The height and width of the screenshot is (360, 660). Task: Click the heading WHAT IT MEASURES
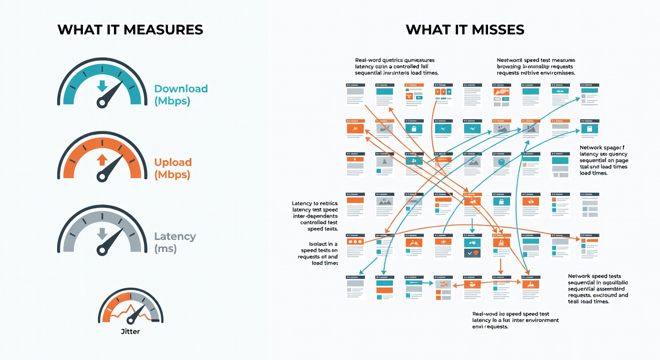pyautogui.click(x=130, y=30)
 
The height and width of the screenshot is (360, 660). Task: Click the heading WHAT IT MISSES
pyautogui.click(x=465, y=30)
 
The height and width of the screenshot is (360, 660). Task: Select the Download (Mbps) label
pyautogui.click(x=180, y=95)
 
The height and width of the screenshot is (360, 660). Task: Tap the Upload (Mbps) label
pyautogui.click(x=173, y=168)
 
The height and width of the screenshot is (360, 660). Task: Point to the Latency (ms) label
pyautogui.click(x=175, y=242)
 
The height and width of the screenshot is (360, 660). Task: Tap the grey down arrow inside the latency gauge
pyautogui.click(x=101, y=233)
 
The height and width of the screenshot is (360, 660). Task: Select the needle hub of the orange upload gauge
pyautogui.click(x=102, y=176)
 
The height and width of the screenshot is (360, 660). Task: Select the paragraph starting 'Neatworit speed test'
pyautogui.click(x=536, y=67)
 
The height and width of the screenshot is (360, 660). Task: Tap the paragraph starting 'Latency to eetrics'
pyautogui.click(x=314, y=216)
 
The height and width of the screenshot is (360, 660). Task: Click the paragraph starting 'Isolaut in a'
pyautogui.click(x=318, y=254)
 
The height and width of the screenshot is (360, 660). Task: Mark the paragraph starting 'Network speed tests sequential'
pyautogui.click(x=598, y=289)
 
